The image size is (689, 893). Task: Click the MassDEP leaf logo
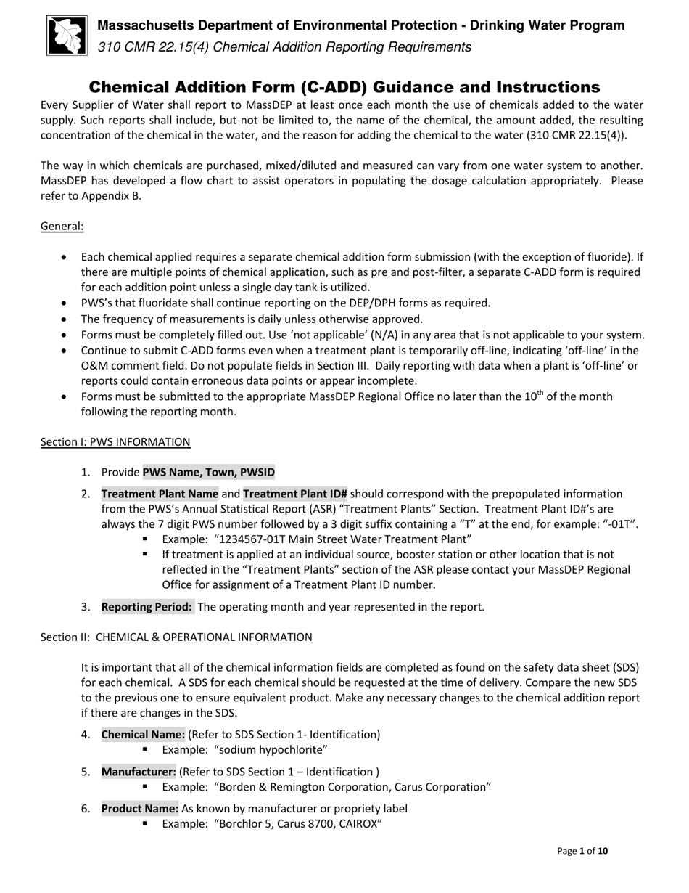pyautogui.click(x=67, y=36)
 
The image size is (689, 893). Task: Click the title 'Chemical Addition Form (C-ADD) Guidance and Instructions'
pyautogui.click(x=344, y=87)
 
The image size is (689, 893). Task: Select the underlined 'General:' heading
pyautogui.click(x=62, y=226)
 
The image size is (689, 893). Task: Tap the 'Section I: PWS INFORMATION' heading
pyautogui.click(x=115, y=441)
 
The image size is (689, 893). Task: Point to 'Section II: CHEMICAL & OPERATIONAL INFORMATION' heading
pyautogui.click(x=176, y=637)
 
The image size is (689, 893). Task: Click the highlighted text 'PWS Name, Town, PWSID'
pyautogui.click(x=208, y=472)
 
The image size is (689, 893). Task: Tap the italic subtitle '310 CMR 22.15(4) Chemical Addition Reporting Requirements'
pyautogui.click(x=284, y=47)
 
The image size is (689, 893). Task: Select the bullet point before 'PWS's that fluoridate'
pyautogui.click(x=66, y=303)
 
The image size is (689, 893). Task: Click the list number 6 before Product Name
pyautogui.click(x=86, y=808)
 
